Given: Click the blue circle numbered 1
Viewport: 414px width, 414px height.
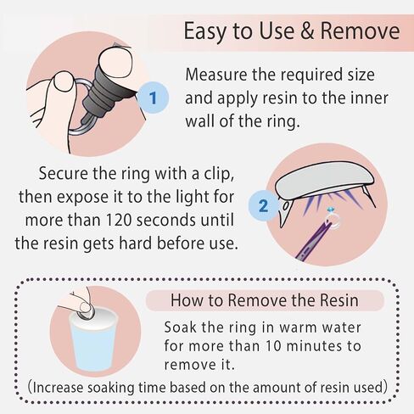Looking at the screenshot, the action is [153, 98].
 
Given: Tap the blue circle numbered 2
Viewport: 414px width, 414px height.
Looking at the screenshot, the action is [263, 206].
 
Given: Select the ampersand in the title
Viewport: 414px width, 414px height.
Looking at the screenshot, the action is [307, 31].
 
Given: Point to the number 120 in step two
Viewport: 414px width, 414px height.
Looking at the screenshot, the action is [115, 220].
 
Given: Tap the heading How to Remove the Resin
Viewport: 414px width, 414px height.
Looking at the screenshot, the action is [265, 300].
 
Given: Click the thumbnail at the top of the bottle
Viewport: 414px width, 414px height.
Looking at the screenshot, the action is [116, 59].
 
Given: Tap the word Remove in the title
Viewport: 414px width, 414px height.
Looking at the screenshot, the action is [360, 31].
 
